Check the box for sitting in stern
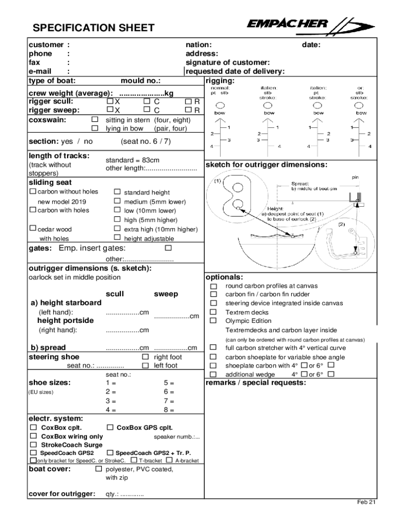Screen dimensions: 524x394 [94, 120]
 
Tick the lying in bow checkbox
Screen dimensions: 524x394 [94, 128]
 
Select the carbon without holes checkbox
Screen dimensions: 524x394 [33, 192]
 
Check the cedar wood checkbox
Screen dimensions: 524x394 [33, 229]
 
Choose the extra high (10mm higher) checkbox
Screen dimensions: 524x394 [117, 229]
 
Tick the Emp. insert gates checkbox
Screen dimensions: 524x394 [167, 248]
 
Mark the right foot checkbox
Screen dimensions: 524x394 [145, 357]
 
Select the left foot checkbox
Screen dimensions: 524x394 [145, 365]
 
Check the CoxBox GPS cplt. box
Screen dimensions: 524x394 [110, 427]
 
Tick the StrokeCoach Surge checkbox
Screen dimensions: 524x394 [33, 445]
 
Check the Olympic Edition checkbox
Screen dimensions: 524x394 [214, 321]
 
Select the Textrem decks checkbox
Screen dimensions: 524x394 [214, 312]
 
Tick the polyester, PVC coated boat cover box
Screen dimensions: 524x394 [99, 469]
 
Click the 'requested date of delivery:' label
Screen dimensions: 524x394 [235, 72]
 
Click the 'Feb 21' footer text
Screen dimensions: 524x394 [366, 502]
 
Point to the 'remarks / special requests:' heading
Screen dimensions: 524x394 [255, 383]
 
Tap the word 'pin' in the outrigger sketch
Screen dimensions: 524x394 [355, 177]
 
